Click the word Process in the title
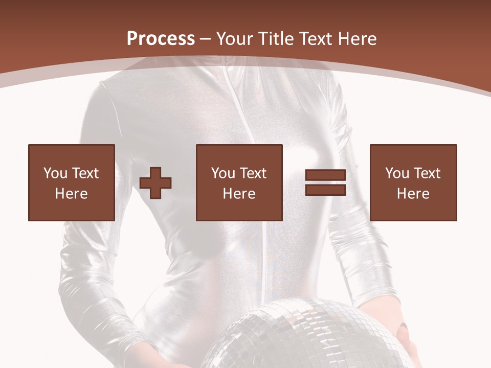(161, 39)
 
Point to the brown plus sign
(155, 182)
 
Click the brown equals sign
(326, 182)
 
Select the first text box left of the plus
(72, 182)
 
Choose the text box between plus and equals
(239, 182)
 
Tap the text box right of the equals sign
(413, 182)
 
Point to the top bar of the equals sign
(326, 175)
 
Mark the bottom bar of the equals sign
(326, 190)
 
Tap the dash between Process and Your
(206, 39)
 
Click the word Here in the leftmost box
(72, 194)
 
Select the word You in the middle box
(223, 173)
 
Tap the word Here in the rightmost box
(413, 194)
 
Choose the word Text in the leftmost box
(85, 173)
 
